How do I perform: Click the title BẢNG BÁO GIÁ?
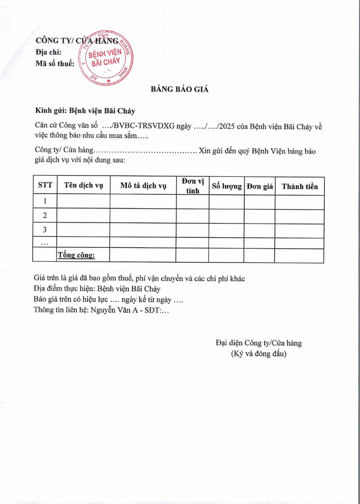pos(180,89)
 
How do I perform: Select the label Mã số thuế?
pos(55,64)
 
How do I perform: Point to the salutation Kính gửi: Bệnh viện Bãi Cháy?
pos(85,110)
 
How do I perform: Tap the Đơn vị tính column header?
pos(193,186)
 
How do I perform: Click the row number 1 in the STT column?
pos(45,201)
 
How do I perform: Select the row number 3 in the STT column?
pos(45,230)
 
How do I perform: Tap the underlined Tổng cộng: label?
pos(76,255)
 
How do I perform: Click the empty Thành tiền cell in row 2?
pos(299,216)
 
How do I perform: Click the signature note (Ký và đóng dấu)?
pos(259,354)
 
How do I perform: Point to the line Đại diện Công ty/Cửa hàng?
pos(259,343)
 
